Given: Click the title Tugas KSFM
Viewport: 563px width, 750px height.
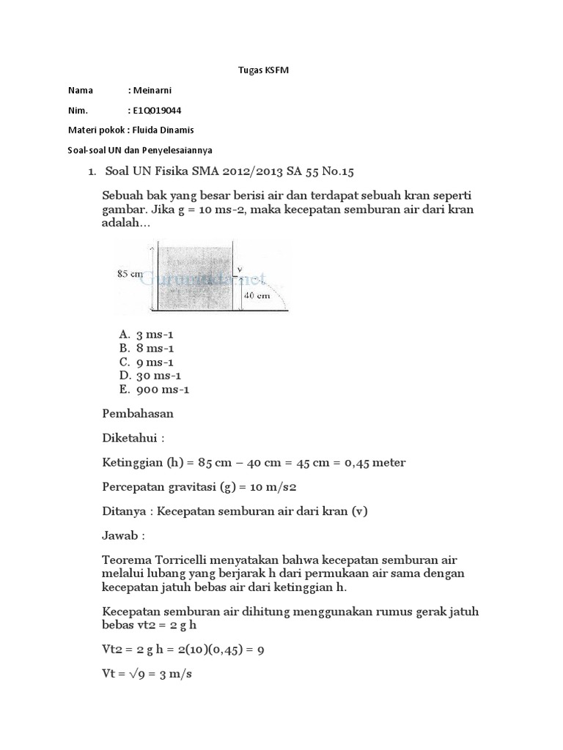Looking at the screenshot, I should point(260,70).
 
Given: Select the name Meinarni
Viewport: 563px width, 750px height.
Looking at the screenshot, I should point(152,90).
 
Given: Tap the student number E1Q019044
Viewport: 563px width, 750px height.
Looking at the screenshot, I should point(157,111).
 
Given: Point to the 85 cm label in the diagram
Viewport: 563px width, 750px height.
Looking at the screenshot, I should point(130,274).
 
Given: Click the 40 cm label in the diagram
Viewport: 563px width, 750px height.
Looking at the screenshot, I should point(256,296).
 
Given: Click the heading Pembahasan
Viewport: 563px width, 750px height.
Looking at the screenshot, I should point(138,413).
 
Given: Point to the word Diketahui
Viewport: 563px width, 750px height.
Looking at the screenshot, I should point(132,438).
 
